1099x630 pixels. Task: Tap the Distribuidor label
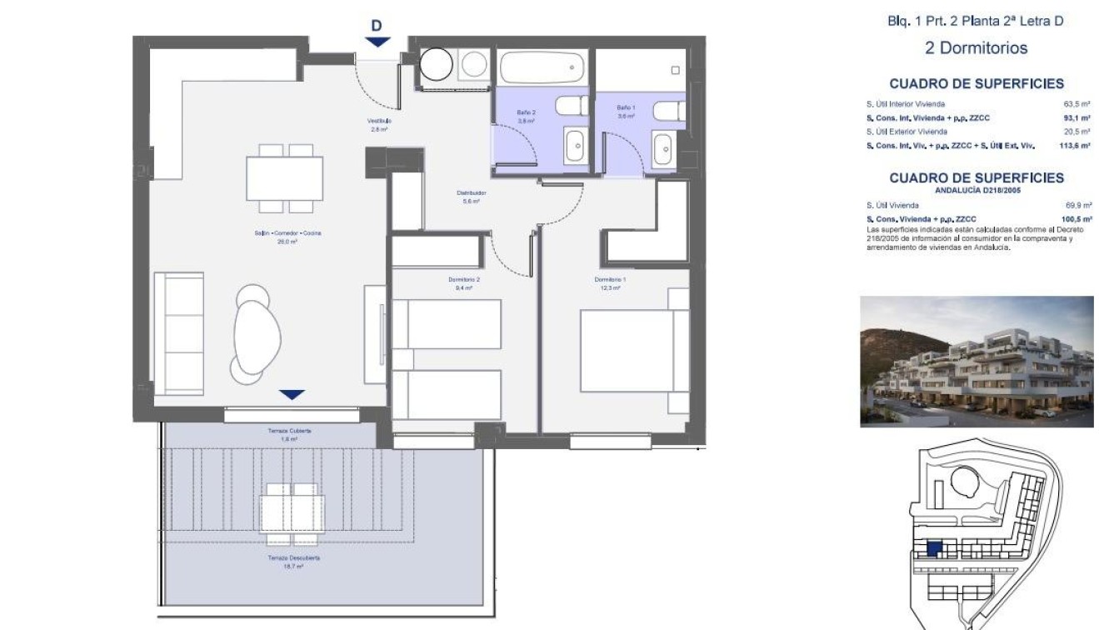coord(471,193)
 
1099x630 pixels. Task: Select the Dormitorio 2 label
coord(463,279)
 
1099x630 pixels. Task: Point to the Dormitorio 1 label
coord(610,279)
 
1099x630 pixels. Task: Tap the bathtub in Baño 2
coord(542,67)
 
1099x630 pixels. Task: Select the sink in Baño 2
coord(575,146)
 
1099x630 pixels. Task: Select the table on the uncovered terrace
coord(292,508)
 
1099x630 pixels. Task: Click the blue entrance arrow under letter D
coord(377,42)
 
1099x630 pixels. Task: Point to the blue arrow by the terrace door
coord(292,394)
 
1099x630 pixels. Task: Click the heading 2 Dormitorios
coord(976,48)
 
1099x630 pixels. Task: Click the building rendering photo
coord(977,362)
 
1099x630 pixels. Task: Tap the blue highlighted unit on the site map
coord(935,548)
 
